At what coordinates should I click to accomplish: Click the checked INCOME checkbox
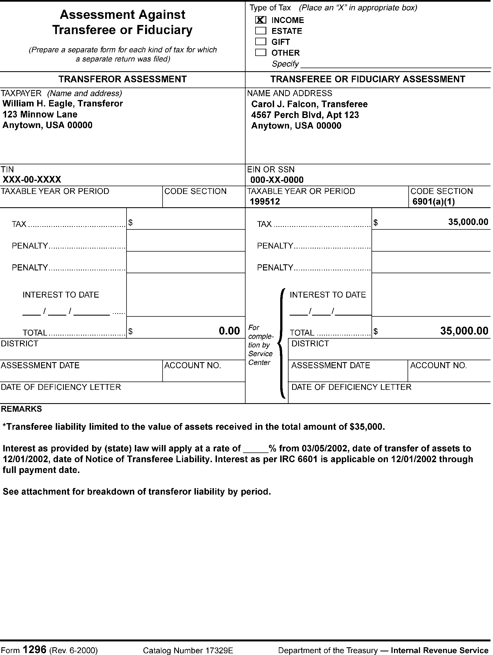tap(261, 20)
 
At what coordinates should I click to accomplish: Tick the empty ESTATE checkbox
tap(261, 31)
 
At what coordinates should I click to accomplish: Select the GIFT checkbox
tap(261, 42)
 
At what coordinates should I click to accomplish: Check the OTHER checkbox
tap(261, 52)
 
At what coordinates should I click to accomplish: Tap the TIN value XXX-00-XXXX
tap(32, 180)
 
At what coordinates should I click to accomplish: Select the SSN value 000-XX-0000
tap(277, 180)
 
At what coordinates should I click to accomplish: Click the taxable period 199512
tap(265, 202)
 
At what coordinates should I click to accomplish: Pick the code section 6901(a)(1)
tap(433, 202)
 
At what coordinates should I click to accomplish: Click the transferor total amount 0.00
tap(229, 331)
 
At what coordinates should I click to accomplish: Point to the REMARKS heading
tap(21, 409)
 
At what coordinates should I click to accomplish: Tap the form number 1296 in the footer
tap(34, 649)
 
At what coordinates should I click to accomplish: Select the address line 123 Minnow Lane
tap(40, 115)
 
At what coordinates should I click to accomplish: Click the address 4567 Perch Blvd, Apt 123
tap(305, 115)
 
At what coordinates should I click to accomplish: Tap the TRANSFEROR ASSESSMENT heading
tap(122, 79)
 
